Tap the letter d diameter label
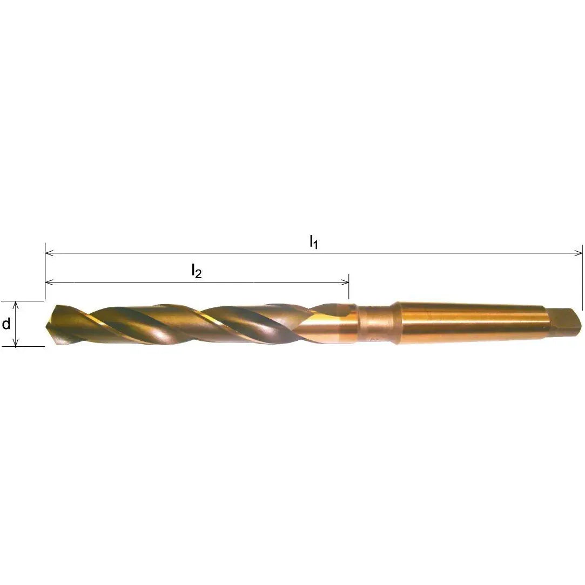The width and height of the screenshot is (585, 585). pos(6,324)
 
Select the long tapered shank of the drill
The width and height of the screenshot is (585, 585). pos(475,322)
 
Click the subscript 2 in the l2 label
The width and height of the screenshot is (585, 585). pos(199,274)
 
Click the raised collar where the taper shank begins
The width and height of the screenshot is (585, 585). pos(396,323)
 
